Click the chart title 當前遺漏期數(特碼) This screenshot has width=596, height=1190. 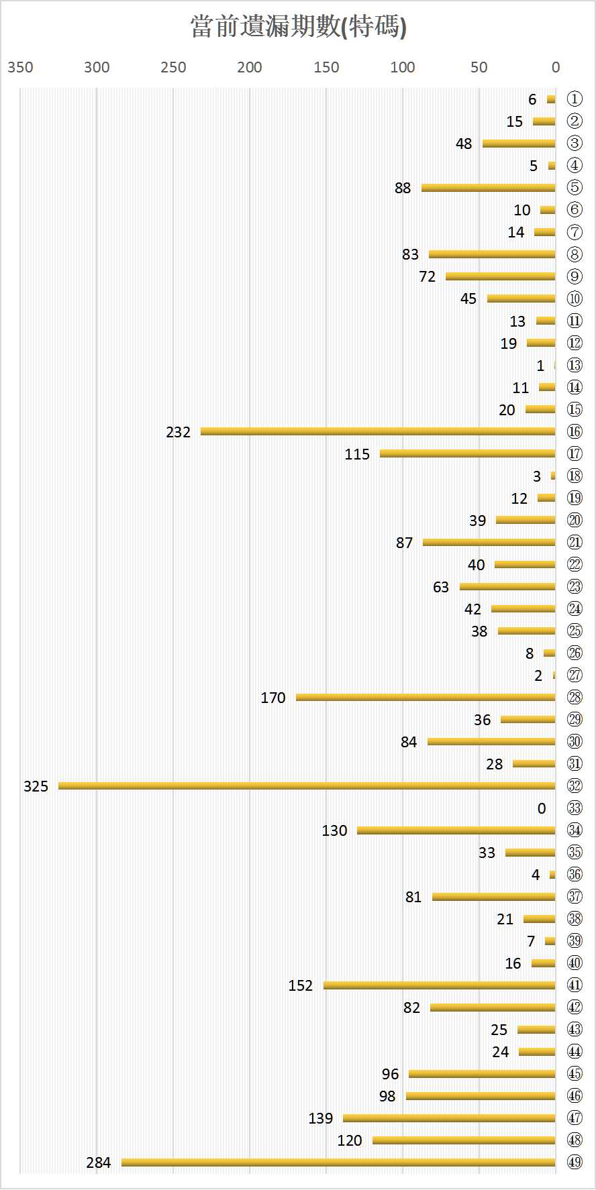(298, 27)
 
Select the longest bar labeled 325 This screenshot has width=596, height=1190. (307, 786)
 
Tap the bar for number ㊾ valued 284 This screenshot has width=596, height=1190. (338, 1162)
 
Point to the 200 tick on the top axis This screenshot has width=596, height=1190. (250, 67)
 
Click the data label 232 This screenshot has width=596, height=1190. (179, 432)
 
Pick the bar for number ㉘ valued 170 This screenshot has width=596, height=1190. (426, 697)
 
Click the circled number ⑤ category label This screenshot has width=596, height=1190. (575, 188)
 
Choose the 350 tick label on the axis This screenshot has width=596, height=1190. (20, 67)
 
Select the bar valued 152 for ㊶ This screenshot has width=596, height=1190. (440, 985)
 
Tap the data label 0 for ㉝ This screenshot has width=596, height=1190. (542, 808)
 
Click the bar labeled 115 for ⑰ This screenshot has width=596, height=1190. (468, 453)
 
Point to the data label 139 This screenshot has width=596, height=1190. (321, 1118)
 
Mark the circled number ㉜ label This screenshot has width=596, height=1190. (575, 786)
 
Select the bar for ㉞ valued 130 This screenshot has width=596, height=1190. (456, 830)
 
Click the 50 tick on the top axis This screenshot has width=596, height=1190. (479, 67)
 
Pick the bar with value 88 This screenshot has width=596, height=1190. (489, 188)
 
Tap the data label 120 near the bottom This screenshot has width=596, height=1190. (350, 1140)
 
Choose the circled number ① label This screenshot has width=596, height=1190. (575, 99)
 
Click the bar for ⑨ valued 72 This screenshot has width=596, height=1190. (501, 276)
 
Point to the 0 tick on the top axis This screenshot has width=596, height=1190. (556, 67)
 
